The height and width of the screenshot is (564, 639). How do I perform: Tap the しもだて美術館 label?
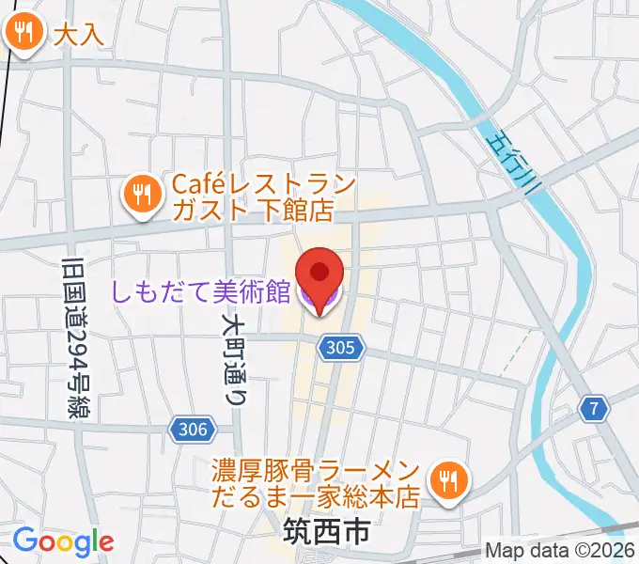200,291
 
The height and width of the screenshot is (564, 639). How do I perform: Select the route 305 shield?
340,349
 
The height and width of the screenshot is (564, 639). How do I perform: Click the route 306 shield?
191,429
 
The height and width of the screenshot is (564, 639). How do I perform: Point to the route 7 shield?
593,409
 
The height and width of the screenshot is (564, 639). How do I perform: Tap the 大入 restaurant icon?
22,34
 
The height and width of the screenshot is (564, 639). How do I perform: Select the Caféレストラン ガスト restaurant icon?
142,195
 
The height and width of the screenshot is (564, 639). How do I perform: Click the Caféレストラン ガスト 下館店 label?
251,196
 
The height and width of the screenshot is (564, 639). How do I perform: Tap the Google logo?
63,540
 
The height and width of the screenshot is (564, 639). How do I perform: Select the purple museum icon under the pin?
319,303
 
